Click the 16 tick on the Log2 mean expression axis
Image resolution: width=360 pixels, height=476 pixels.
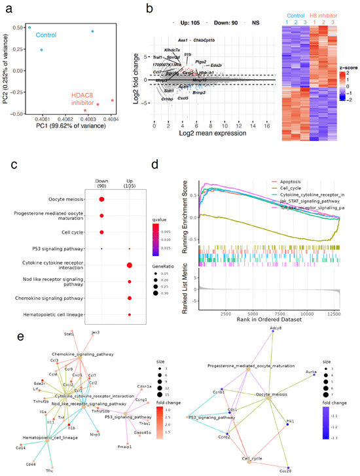click(x=266, y=124)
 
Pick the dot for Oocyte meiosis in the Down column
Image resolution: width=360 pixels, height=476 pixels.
click(x=101, y=200)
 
